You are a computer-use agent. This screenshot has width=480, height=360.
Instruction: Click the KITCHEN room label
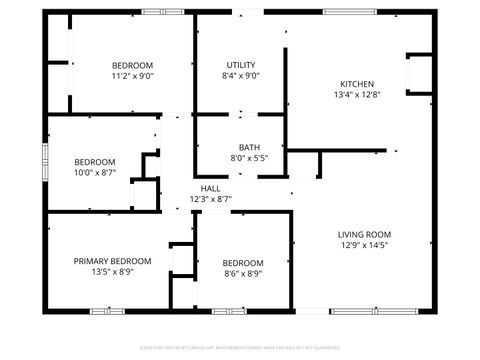[357, 84]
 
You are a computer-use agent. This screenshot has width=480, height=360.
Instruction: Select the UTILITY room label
[241, 64]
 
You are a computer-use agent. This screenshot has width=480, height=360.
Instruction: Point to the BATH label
[249, 147]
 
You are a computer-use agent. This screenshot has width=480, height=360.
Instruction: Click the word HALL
[211, 188]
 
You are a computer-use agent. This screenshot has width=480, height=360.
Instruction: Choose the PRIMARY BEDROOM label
[112, 261]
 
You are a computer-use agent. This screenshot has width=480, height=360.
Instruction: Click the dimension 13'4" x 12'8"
[357, 94]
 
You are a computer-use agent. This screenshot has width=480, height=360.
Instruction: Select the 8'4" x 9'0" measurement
[241, 75]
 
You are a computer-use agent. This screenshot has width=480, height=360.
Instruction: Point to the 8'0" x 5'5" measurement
[249, 158]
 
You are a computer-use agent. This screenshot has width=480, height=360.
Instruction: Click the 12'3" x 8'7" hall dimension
[211, 199]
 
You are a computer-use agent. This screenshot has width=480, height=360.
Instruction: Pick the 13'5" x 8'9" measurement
[112, 272]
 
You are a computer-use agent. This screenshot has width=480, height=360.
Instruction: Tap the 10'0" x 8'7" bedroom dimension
[95, 173]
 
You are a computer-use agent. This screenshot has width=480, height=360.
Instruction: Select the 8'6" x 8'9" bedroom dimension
[243, 273]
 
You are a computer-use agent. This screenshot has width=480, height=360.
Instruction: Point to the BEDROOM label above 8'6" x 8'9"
[243, 263]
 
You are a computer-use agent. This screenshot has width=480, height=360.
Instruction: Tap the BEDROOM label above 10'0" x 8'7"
[95, 162]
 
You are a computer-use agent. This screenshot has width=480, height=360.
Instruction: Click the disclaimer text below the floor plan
[240, 349]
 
